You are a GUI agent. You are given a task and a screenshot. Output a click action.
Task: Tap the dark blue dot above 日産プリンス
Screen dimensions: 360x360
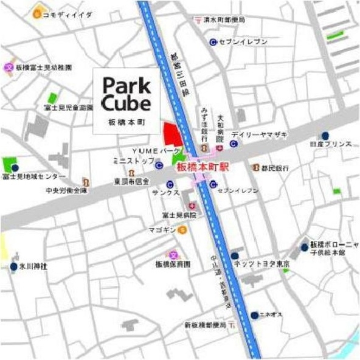[x=327, y=135]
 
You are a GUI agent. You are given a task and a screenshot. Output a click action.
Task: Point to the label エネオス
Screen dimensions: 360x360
[x=274, y=315]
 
